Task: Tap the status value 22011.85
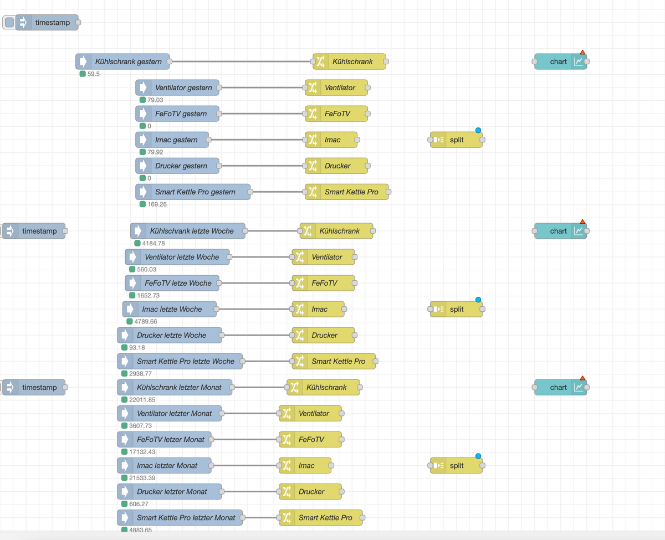(x=141, y=400)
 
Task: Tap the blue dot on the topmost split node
(x=478, y=130)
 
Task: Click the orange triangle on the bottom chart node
(x=582, y=378)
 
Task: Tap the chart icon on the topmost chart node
(x=579, y=61)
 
